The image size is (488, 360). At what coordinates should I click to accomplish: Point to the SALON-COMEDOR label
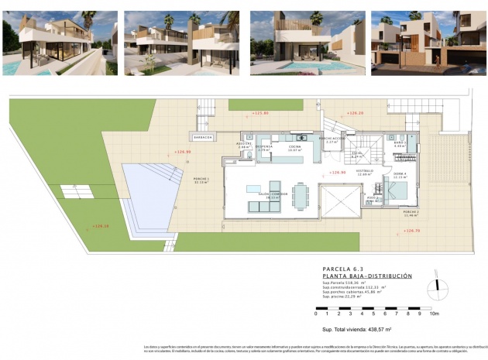[268, 196]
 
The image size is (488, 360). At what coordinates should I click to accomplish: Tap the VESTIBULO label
[365, 171]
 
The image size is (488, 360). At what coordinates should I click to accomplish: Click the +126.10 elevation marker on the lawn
[101, 226]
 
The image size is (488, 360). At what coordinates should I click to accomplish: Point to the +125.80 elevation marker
[260, 113]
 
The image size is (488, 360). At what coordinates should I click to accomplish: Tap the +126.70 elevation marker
[412, 230]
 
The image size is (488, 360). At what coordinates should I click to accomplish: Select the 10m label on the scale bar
[434, 314]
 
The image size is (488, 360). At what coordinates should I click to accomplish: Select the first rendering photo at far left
[60, 43]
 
